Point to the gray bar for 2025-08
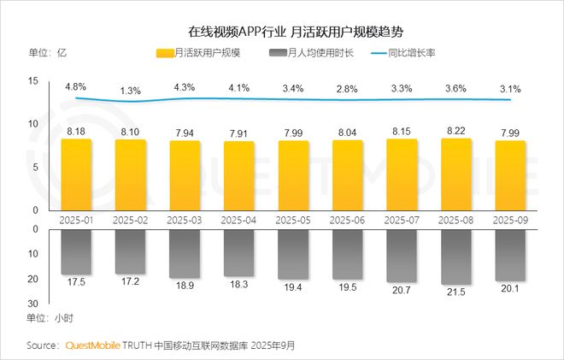pyautogui.click(x=456, y=257)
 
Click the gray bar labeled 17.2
pyautogui.click(x=130, y=251)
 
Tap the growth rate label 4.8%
pyautogui.click(x=76, y=86)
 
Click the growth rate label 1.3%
pyautogui.click(x=130, y=90)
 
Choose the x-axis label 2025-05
pyautogui.click(x=293, y=220)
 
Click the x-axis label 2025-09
pyautogui.click(x=510, y=220)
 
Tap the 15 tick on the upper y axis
pyautogui.click(x=33, y=80)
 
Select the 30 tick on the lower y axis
pyautogui.click(x=33, y=303)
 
